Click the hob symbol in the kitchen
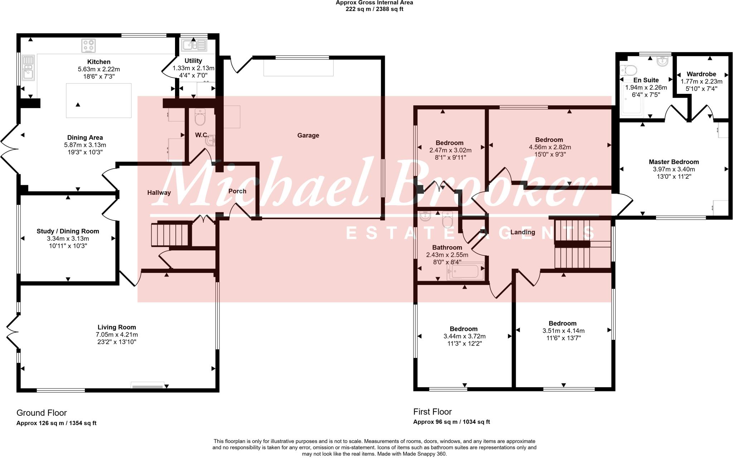click(x=88, y=46)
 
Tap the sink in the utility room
click(x=194, y=45)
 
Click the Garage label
click(x=308, y=135)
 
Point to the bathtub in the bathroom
click(x=465, y=272)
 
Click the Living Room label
click(x=117, y=327)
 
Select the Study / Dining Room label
click(x=68, y=231)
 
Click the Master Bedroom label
click(x=674, y=162)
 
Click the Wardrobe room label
click(x=701, y=74)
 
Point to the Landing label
click(x=523, y=232)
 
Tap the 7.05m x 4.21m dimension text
click(x=117, y=334)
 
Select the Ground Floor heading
click(x=42, y=413)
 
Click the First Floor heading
click(x=432, y=412)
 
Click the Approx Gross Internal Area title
click(x=374, y=3)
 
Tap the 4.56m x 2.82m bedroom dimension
click(x=550, y=147)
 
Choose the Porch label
click(x=237, y=191)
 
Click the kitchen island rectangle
click(x=98, y=100)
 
